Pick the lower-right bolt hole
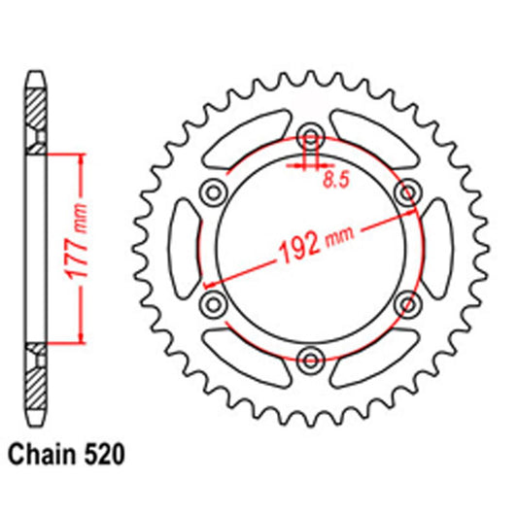pos(406,305)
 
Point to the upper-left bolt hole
pos(211,192)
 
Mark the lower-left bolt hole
pos(211,305)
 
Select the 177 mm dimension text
pos(84,245)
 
